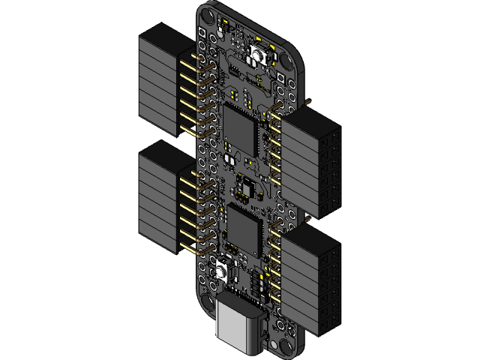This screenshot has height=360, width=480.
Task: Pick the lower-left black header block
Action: (x=159, y=199)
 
